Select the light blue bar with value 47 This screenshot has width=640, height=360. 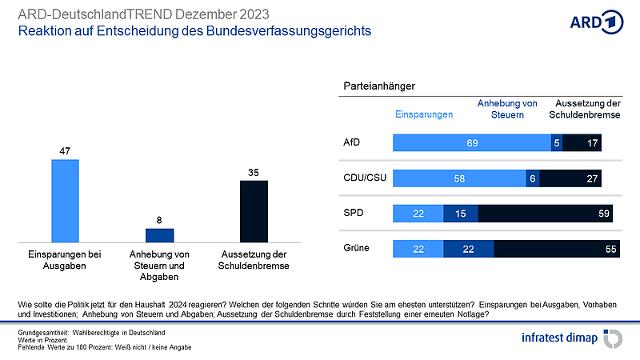click(66, 200)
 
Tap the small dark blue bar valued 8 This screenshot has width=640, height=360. click(159, 234)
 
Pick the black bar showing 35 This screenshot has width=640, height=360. click(254, 210)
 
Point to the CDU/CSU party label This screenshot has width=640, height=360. click(364, 178)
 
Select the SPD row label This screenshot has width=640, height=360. click(353, 213)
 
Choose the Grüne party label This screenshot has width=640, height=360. click(356, 248)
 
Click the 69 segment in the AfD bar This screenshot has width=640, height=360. click(472, 143)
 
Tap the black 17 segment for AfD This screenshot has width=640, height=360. click(582, 143)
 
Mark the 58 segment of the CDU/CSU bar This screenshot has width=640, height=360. click(458, 178)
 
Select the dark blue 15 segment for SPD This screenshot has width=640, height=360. click(461, 214)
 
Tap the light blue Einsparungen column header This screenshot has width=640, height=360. click(424, 114)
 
